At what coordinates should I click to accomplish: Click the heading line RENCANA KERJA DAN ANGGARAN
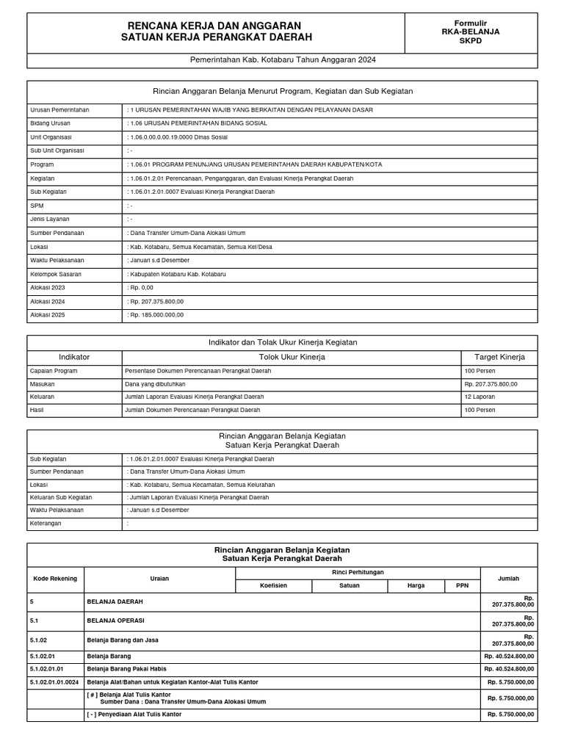pyautogui.click(x=215, y=26)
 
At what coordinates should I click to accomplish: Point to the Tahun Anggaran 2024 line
pyautogui.click(x=282, y=60)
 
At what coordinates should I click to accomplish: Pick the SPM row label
pyautogui.click(x=37, y=206)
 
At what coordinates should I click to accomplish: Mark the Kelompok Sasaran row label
pyautogui.click(x=56, y=274)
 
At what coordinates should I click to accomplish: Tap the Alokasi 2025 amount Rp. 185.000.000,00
pyautogui.click(x=156, y=315)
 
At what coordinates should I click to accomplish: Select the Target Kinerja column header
pyautogui.click(x=499, y=358)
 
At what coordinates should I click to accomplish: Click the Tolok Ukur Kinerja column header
pyautogui.click(x=292, y=358)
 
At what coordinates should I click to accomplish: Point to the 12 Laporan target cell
pyautogui.click(x=480, y=397)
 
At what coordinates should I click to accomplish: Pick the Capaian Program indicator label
pyautogui.click(x=54, y=371)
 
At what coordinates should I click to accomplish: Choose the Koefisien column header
pyautogui.click(x=273, y=586)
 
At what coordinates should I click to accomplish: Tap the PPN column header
pyautogui.click(x=462, y=586)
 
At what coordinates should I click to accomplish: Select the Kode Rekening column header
pyautogui.click(x=55, y=579)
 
